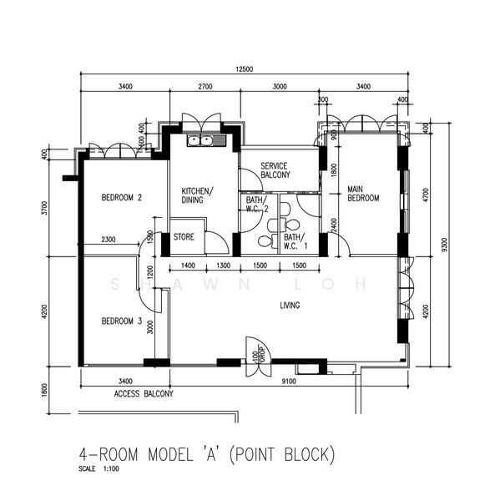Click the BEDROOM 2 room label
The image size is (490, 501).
pos(122,198)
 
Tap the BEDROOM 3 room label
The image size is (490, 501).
pos(122,321)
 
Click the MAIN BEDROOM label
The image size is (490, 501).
pos(364,194)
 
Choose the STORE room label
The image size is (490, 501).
pos(184,237)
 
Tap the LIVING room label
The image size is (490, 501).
pos(290,306)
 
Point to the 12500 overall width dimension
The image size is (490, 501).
pos(245,69)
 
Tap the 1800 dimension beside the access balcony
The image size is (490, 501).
pos(44,388)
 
